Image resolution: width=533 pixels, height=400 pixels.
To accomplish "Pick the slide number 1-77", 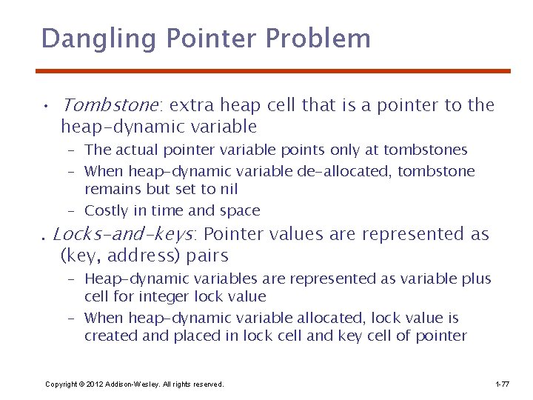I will coord(501,384).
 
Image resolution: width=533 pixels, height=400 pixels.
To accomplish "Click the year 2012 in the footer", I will coord(94,384).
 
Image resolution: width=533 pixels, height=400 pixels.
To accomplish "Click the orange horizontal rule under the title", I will coord(273,71).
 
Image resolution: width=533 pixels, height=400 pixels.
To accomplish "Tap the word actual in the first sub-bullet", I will coord(136,150).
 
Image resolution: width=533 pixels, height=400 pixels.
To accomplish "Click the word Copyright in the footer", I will coord(61,384).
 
